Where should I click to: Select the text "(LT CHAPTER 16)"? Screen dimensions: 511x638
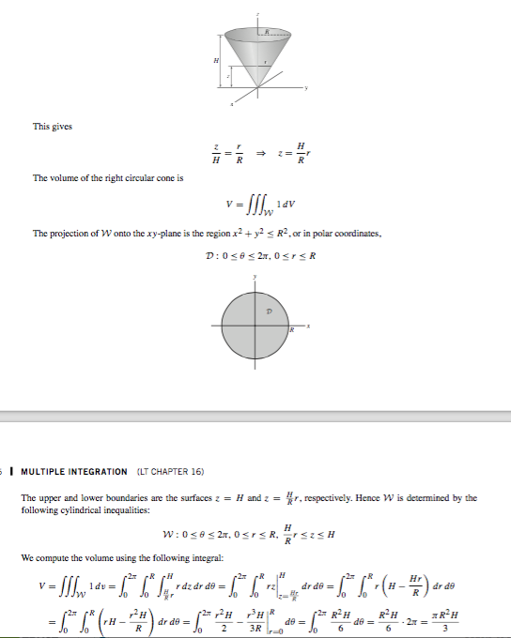(171, 471)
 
